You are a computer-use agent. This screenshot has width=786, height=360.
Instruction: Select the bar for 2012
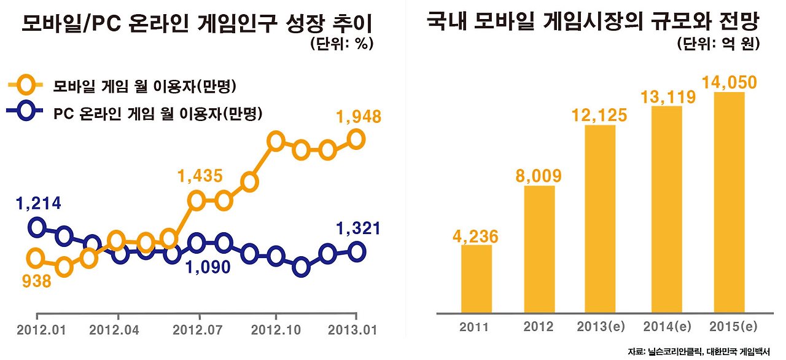[x=540, y=249]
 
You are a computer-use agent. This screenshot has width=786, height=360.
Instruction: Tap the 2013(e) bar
[x=600, y=219]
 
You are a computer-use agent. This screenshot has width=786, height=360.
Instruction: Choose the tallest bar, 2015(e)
[x=729, y=202]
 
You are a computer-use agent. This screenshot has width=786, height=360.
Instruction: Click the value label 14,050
[x=729, y=82]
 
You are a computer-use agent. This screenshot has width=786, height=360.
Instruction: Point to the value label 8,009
[x=539, y=176]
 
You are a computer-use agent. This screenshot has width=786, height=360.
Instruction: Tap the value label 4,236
[x=475, y=236]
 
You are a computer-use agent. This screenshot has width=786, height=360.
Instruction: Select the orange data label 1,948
[x=359, y=117]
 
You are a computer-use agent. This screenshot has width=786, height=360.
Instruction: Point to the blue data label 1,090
[x=208, y=267]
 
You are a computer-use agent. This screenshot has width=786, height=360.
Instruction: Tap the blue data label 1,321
[x=359, y=229]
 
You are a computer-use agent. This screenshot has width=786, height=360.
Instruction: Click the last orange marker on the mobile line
[x=356, y=139]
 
